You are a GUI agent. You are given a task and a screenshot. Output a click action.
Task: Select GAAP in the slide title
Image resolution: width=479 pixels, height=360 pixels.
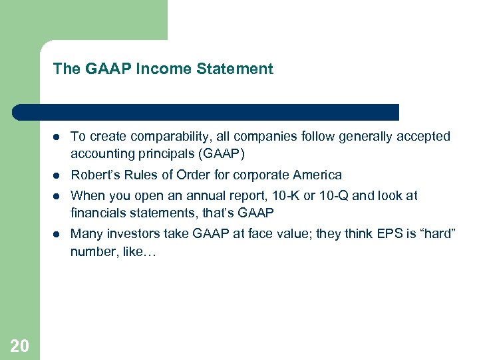tap(109, 69)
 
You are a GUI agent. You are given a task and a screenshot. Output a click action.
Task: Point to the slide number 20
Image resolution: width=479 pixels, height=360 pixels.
tap(20, 345)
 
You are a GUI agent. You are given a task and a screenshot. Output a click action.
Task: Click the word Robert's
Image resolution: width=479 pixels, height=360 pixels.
tap(93, 175)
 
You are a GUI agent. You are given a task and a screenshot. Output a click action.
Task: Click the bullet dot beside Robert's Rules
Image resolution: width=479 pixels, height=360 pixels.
tap(58, 176)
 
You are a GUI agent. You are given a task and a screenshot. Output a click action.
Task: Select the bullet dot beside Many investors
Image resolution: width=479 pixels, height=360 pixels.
tap(58, 234)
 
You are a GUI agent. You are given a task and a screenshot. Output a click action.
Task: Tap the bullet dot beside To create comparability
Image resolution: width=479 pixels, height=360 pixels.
tap(58, 137)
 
